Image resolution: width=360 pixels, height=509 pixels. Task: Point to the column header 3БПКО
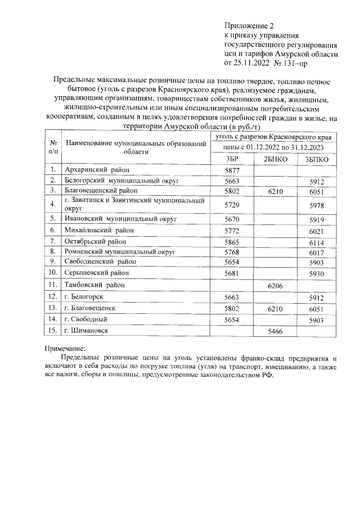(317, 159)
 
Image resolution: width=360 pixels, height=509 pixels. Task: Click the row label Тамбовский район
(94, 285)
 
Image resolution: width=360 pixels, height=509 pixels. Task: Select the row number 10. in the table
(53, 273)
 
